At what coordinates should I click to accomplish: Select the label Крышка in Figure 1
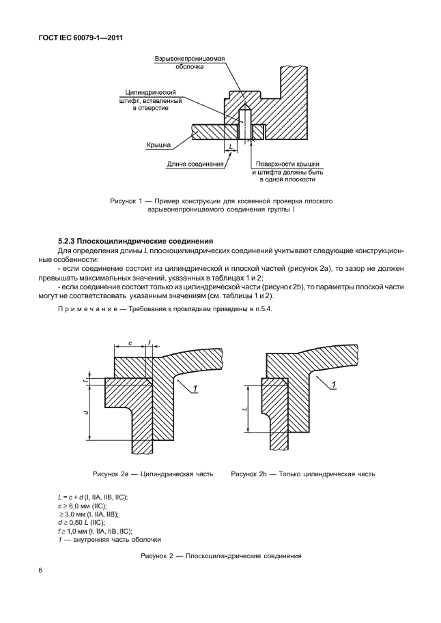pyautogui.click(x=158, y=145)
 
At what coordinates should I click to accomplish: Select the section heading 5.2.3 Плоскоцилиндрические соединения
pyautogui.click(x=136, y=241)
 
